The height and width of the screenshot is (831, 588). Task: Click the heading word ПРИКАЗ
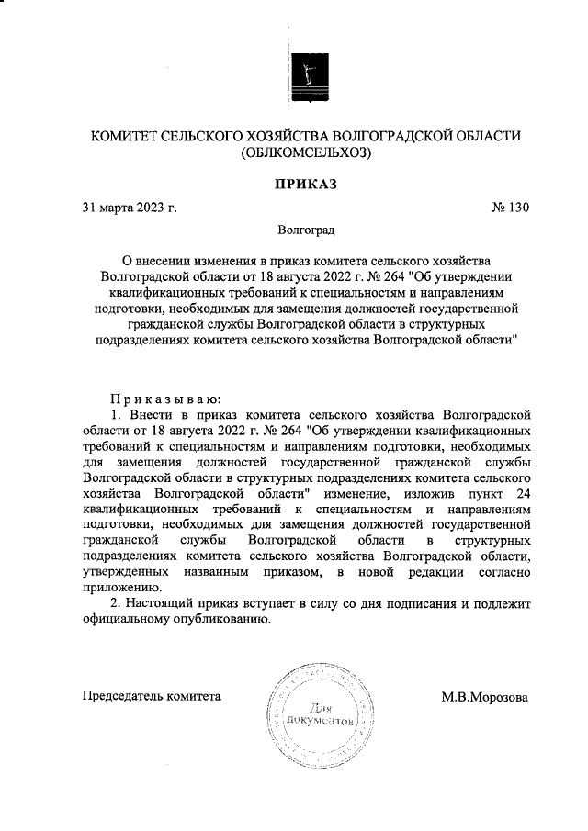(301, 184)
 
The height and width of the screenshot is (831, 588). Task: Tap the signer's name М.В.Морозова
(484, 696)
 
